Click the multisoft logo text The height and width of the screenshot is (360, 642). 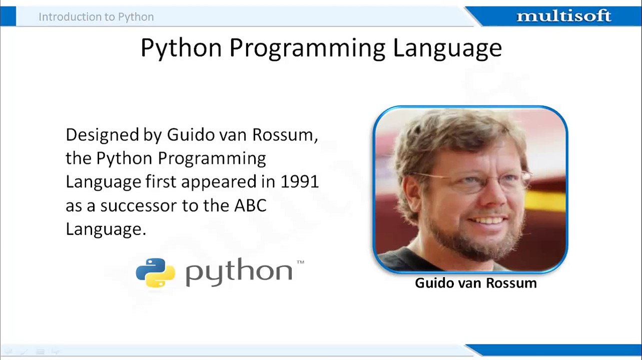(x=563, y=16)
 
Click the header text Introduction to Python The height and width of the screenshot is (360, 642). (x=96, y=17)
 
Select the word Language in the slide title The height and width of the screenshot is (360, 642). (x=447, y=48)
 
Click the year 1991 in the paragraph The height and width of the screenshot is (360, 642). (x=299, y=182)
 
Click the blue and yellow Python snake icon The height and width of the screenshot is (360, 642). (x=155, y=272)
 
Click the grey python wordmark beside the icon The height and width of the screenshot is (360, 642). (x=239, y=272)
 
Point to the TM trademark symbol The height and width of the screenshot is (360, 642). (x=300, y=262)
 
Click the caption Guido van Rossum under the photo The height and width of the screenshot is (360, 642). (x=475, y=283)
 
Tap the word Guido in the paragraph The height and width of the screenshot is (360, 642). (x=186, y=135)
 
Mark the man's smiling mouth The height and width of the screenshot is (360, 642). (x=488, y=220)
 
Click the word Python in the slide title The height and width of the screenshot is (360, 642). (x=181, y=48)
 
